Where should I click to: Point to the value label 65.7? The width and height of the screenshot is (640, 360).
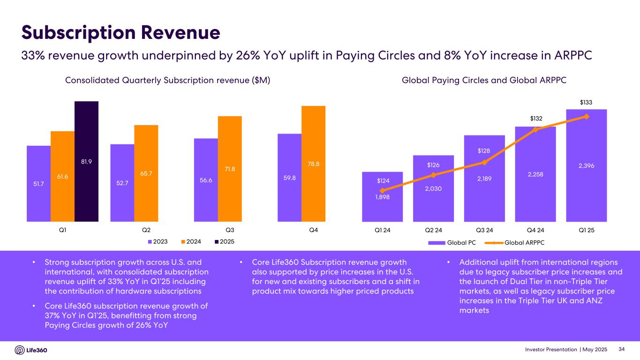(146, 173)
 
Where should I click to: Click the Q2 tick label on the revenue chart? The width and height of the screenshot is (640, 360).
(146, 230)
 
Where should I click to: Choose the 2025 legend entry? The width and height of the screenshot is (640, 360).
(224, 241)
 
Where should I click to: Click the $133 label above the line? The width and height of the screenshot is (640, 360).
(587, 102)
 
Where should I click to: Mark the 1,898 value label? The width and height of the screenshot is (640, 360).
(382, 197)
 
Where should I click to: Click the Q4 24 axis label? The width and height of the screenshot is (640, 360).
(535, 230)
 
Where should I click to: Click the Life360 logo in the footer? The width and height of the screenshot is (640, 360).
(31, 350)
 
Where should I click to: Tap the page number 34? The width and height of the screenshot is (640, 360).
(622, 349)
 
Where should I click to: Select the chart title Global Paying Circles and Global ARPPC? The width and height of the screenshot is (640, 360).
(484, 81)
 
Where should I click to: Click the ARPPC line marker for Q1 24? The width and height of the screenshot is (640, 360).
(382, 190)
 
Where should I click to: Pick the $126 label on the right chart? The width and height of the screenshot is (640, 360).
(434, 165)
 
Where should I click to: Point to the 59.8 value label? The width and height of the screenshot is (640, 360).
(289, 178)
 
